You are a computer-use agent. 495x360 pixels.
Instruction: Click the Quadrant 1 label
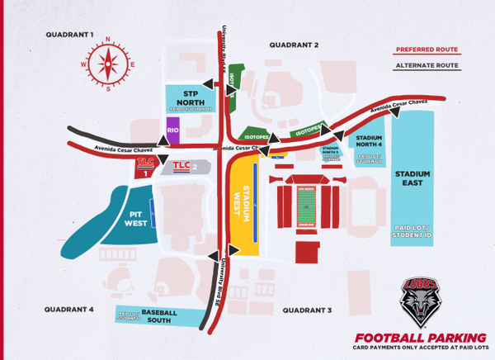(71, 35)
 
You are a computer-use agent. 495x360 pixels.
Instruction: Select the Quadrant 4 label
(69, 310)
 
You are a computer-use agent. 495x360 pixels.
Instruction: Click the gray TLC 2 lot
(185, 168)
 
